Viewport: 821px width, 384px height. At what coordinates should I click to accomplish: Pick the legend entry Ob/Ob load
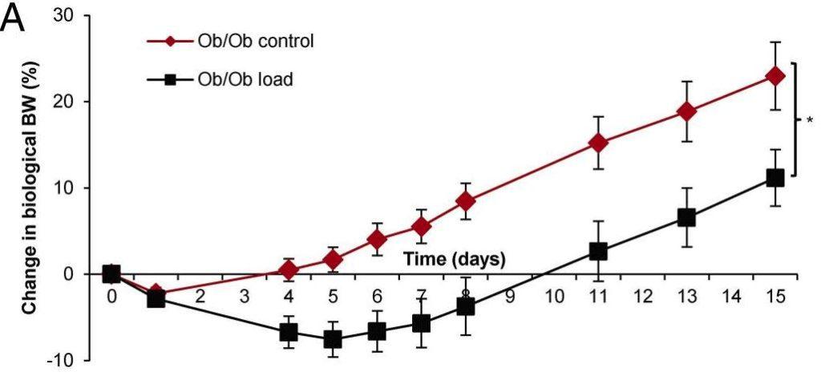238,79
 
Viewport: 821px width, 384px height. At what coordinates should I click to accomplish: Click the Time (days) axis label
454,259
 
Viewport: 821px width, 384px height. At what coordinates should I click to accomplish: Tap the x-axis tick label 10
554,297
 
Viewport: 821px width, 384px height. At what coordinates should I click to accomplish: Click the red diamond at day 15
774,76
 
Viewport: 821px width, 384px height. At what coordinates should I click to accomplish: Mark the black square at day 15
774,178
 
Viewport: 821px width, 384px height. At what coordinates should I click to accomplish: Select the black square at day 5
333,339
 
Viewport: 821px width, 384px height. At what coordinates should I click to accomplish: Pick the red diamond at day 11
598,143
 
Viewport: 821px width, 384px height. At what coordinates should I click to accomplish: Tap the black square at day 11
598,252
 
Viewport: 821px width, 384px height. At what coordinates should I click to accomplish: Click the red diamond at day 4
289,269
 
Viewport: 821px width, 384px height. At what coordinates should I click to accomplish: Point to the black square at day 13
686,217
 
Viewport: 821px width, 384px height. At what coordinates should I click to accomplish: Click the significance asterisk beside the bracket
810,121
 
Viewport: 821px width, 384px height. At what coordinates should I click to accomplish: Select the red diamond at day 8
465,200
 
